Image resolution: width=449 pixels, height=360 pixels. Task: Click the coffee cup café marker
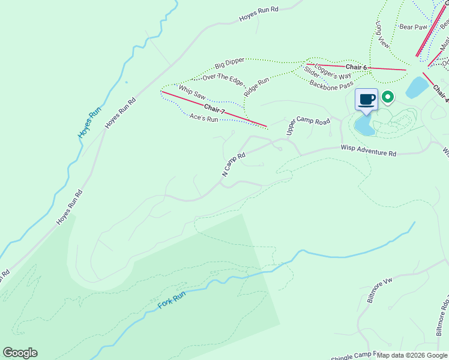366,99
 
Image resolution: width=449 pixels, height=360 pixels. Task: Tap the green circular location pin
388,96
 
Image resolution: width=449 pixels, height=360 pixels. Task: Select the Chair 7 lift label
214,109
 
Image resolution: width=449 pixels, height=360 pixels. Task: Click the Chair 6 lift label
356,67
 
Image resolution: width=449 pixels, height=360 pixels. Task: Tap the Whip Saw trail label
192,92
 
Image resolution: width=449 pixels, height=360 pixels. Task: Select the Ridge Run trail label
256,88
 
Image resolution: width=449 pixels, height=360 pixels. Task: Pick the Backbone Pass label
331,85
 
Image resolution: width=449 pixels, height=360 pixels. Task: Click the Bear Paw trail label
413,27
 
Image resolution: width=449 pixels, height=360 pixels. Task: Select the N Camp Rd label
234,164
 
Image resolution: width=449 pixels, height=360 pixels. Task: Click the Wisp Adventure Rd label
368,150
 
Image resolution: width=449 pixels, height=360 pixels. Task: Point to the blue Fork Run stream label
172,298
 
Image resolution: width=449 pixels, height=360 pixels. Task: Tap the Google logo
20,353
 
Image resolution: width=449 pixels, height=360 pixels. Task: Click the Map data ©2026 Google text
411,355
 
